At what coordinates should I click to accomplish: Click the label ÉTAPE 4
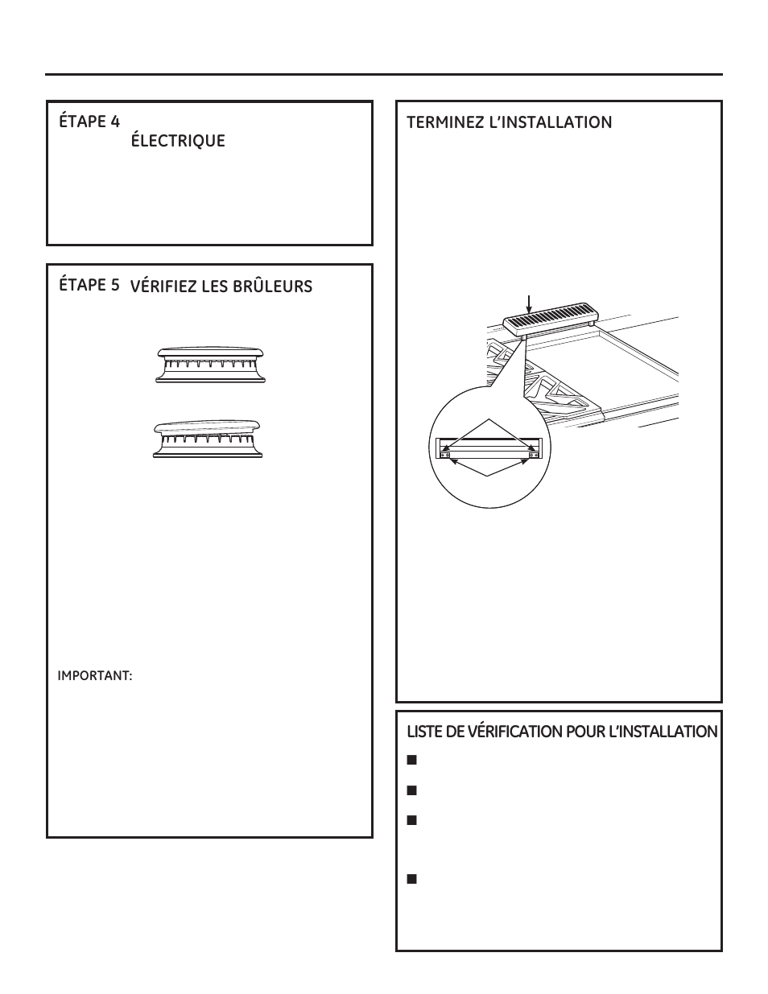coord(89,122)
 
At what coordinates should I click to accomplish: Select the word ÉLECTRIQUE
coord(178,142)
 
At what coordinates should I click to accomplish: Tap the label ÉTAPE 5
coord(89,285)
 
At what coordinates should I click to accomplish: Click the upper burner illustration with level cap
coord(209,365)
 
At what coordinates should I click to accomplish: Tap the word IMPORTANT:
coord(94,676)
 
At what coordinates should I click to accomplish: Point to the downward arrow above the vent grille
coord(528,303)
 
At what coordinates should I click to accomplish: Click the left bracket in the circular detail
coord(444,454)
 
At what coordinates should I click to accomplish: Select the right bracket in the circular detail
coord(533,454)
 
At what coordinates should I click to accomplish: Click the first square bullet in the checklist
coord(411,760)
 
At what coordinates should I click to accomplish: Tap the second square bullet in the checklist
coord(411,790)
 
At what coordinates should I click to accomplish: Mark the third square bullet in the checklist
coord(411,820)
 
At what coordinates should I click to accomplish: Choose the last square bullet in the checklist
coord(411,879)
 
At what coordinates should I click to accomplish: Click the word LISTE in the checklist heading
coord(423,732)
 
